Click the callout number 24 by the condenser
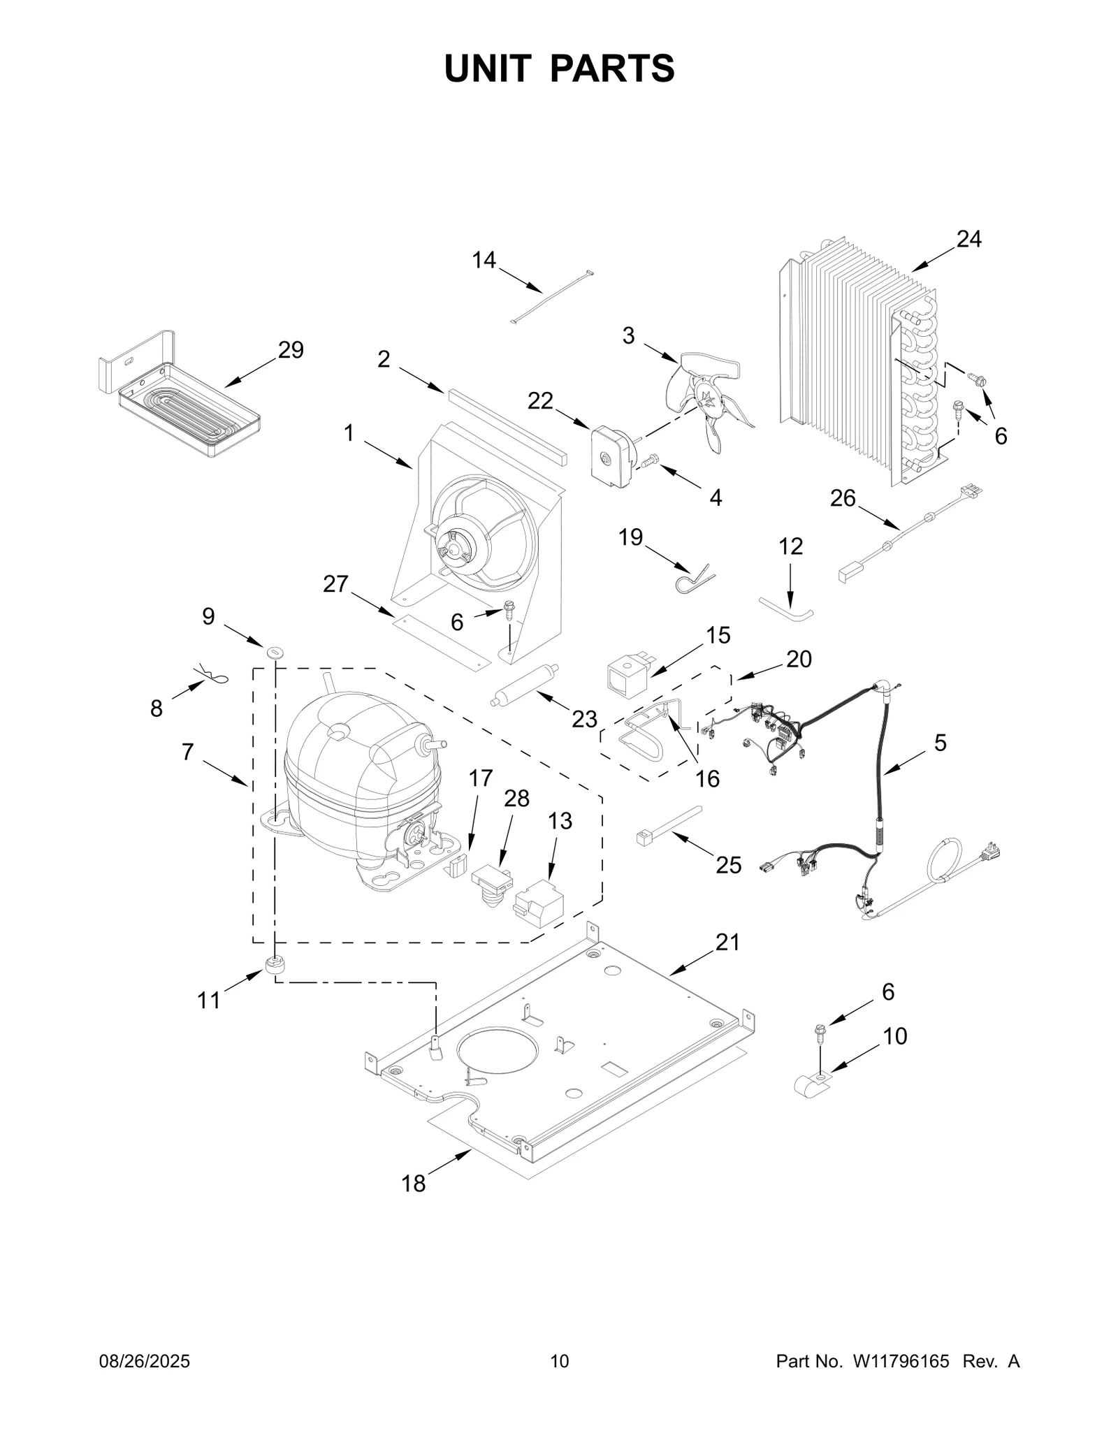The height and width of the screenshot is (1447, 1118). tap(968, 239)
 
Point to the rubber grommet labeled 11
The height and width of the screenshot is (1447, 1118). tap(275, 964)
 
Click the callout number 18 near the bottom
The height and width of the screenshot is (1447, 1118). tap(413, 1184)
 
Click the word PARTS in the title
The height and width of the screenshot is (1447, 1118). tap(612, 68)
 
